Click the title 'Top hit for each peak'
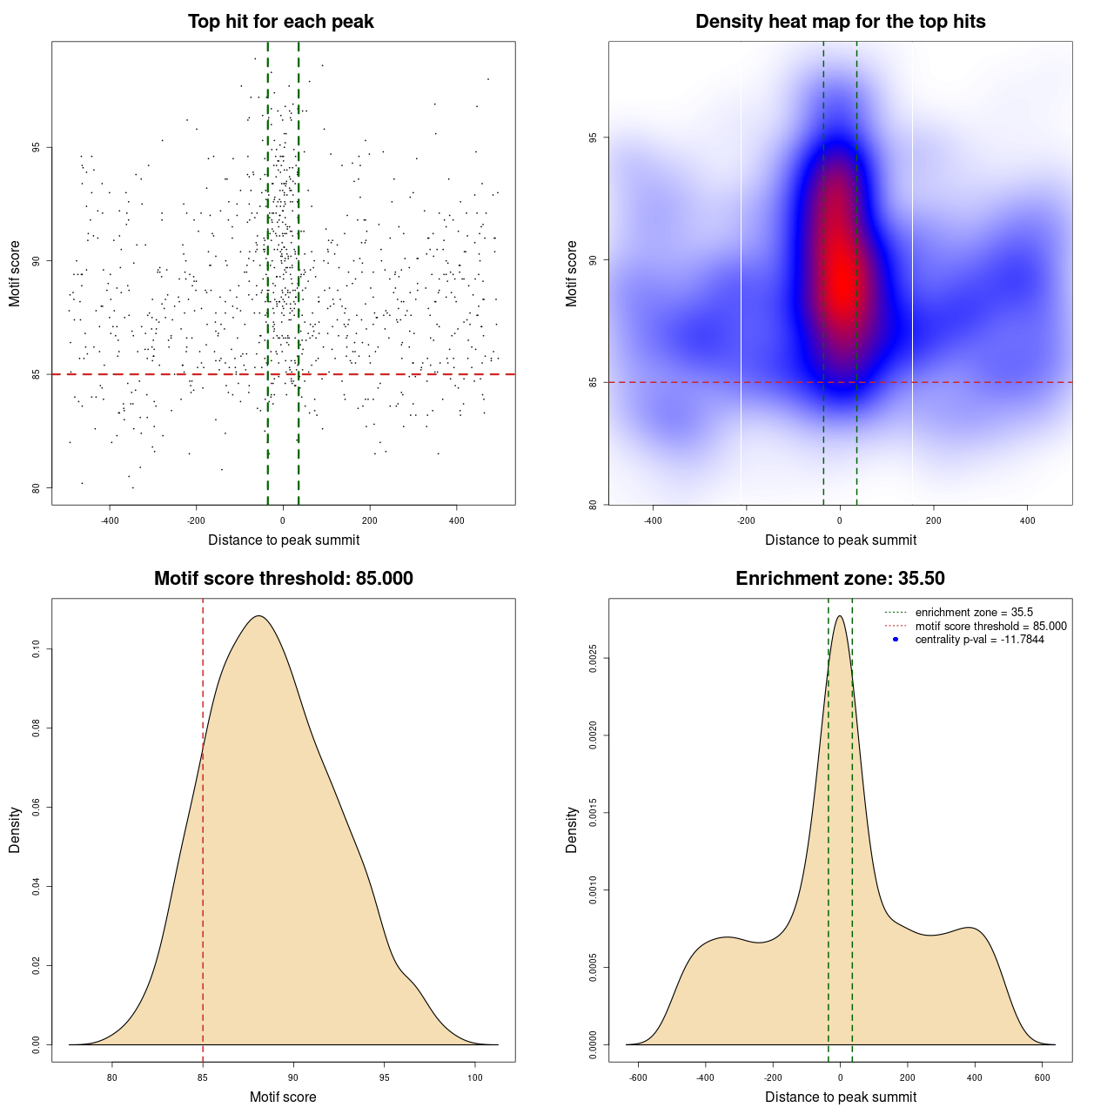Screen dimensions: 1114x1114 [281, 22]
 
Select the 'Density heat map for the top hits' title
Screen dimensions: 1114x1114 [840, 22]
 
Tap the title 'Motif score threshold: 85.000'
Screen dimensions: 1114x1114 [283, 579]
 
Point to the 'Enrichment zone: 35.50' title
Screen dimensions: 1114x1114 [840, 579]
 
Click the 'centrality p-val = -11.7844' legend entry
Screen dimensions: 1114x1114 [979, 640]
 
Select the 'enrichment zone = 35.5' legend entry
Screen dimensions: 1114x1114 [974, 613]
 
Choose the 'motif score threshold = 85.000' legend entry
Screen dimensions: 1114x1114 [990, 627]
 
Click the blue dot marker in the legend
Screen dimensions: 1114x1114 [896, 640]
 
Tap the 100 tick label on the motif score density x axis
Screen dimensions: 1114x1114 [474, 1077]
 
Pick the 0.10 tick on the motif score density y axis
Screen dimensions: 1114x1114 [37, 649]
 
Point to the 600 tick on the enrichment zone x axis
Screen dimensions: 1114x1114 [1042, 1077]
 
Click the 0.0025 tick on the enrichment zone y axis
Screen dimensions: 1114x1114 [594, 659]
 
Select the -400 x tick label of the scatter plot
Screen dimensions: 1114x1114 [110, 520]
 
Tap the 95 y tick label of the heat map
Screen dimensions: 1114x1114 [594, 138]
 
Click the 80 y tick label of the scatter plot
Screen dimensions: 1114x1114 [37, 487]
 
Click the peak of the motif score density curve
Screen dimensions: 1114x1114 [258, 616]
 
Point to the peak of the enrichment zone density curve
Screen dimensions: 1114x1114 [840, 616]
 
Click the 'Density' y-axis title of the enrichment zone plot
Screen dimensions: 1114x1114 [572, 829]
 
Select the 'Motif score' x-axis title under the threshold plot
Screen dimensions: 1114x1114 [283, 1097]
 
